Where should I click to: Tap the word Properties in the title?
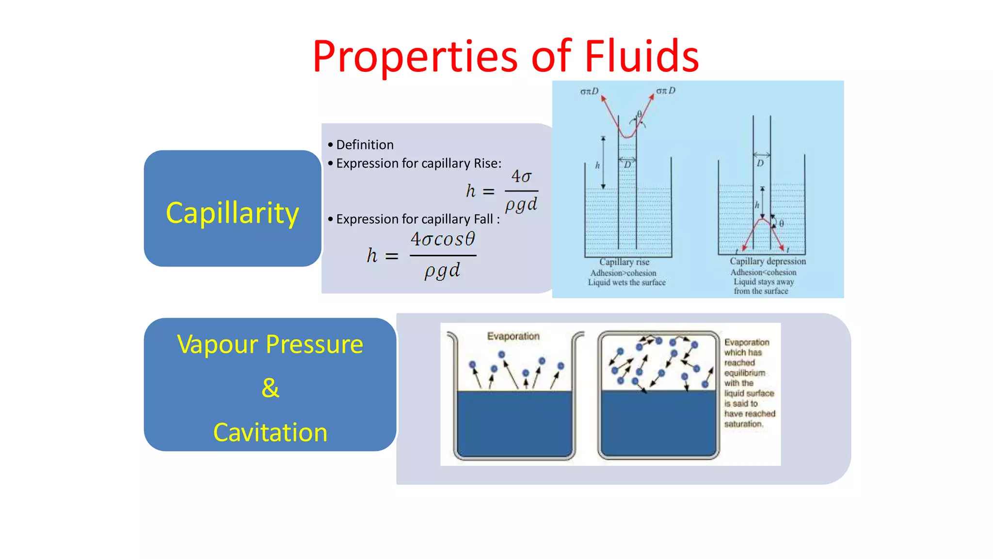pos(415,57)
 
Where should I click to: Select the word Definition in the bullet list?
pos(365,145)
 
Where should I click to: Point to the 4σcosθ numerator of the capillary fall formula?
pos(443,239)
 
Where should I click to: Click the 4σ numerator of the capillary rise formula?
pos(521,176)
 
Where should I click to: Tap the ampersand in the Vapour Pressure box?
pos(270,388)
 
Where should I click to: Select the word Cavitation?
pos(270,432)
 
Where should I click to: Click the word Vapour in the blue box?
pos(217,345)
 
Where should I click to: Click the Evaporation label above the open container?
pos(513,336)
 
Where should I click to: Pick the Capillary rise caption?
pos(624,262)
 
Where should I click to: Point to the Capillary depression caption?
pos(768,261)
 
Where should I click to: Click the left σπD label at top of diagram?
pos(589,91)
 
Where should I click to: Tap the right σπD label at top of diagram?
pos(665,91)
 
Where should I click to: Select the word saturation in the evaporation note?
pos(743,424)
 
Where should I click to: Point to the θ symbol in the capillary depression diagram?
pos(782,223)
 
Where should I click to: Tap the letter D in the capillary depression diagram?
pos(760,163)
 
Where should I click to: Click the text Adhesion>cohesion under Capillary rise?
pos(623,273)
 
